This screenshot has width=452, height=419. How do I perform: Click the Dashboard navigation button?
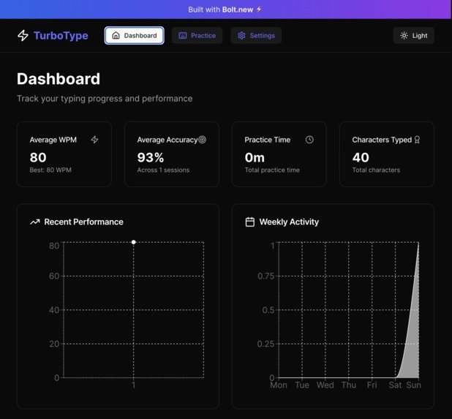pyautogui.click(x=134, y=35)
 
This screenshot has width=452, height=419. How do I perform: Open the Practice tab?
pyautogui.click(x=197, y=35)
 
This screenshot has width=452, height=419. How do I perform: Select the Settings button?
pyautogui.click(x=256, y=35)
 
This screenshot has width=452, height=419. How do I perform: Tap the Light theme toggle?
pyautogui.click(x=413, y=35)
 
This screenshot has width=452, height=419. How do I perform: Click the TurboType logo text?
pyautogui.click(x=60, y=35)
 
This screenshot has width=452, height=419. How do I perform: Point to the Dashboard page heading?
pyautogui.click(x=59, y=78)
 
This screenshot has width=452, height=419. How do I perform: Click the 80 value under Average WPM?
pyautogui.click(x=38, y=157)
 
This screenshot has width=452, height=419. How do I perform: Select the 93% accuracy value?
pyautogui.click(x=151, y=157)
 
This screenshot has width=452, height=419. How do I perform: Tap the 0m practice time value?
pyautogui.click(x=255, y=157)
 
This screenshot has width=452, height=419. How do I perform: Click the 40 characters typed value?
pyautogui.click(x=361, y=157)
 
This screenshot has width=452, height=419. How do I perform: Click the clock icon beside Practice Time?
pyautogui.click(x=309, y=140)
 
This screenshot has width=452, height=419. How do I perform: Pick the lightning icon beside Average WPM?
pyautogui.click(x=94, y=140)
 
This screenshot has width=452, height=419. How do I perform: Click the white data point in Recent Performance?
pyautogui.click(x=134, y=242)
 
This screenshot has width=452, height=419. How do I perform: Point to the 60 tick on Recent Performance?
pyautogui.click(x=54, y=276)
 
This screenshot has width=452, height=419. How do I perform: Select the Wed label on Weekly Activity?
pyautogui.click(x=325, y=385)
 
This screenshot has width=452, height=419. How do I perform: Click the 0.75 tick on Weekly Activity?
pyautogui.click(x=265, y=276)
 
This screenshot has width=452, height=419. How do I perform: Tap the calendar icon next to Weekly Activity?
pyautogui.click(x=249, y=222)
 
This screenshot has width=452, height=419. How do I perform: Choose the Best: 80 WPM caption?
pyautogui.click(x=50, y=170)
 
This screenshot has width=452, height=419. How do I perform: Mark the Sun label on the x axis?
pyautogui.click(x=414, y=385)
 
